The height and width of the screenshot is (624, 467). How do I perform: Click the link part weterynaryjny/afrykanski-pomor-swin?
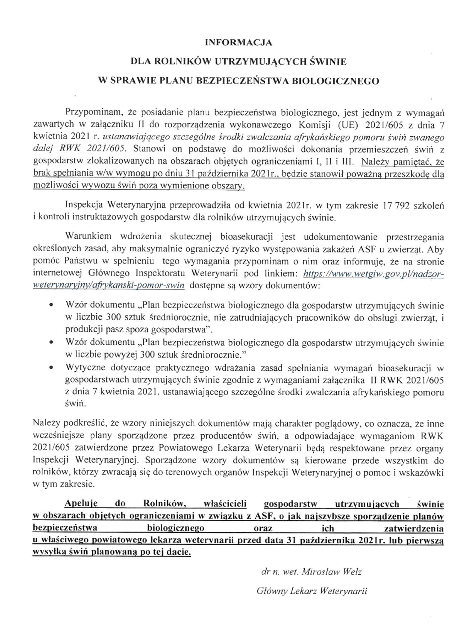(109, 285)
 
